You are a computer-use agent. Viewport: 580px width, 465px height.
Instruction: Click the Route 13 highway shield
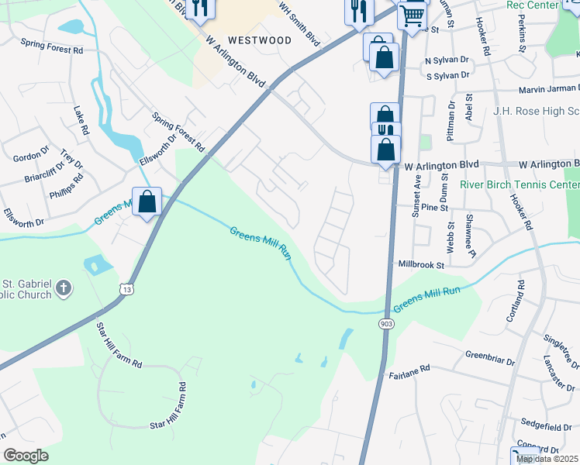pyautogui.click(x=126, y=289)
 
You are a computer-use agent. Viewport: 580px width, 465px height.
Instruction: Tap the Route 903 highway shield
pyautogui.click(x=387, y=323)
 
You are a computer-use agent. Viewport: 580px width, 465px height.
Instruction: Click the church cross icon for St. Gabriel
pyautogui.click(x=64, y=288)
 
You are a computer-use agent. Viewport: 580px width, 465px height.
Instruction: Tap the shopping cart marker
pyautogui.click(x=413, y=14)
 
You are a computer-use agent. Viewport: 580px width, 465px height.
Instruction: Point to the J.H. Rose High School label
pyautogui.click(x=536, y=111)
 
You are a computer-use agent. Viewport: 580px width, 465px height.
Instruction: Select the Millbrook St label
pyautogui.click(x=420, y=264)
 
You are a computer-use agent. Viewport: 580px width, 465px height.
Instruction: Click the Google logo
pyautogui.click(x=26, y=456)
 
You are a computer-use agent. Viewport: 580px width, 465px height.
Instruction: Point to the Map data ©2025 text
pyautogui.click(x=547, y=459)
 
